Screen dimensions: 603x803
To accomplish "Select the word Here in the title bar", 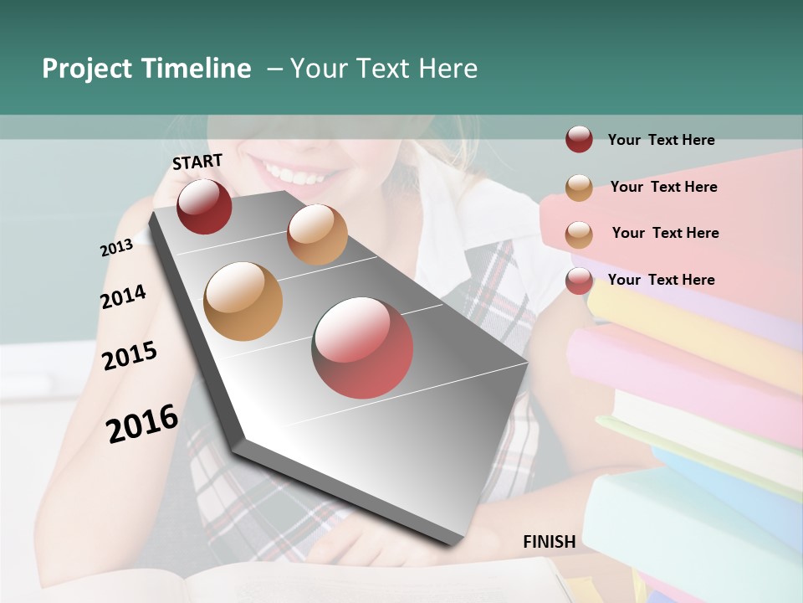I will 448,69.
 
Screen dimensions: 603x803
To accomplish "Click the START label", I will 197,162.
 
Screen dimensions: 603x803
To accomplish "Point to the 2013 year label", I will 116,247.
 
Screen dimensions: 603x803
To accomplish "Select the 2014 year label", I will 123,296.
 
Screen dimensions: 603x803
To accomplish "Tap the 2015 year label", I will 129,356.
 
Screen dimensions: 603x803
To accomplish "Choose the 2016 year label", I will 142,423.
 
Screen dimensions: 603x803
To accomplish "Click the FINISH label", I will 549,542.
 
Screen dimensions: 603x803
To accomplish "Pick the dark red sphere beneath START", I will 204,206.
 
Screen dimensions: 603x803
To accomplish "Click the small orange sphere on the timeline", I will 317,234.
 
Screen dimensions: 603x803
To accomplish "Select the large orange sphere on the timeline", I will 243,301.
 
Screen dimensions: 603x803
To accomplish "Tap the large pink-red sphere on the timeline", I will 362,348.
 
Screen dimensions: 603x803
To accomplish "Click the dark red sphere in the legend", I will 579,140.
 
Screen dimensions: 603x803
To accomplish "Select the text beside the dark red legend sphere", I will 661,141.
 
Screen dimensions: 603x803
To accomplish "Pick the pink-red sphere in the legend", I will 579,281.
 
